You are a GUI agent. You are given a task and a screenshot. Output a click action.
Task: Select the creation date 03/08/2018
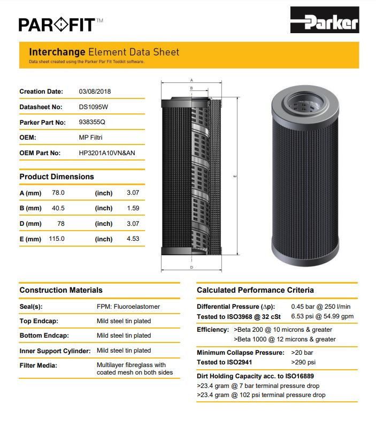click(x=95, y=91)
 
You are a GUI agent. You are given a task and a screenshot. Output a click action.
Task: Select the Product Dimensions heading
click(x=57, y=177)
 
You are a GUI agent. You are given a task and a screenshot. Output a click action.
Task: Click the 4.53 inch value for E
click(x=133, y=239)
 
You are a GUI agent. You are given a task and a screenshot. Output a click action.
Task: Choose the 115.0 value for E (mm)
click(x=58, y=239)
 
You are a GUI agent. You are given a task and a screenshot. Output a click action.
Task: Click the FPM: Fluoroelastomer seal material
click(x=128, y=307)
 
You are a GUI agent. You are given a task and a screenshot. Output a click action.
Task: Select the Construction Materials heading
click(x=61, y=290)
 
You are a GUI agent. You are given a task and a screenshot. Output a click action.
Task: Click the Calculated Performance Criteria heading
click(x=255, y=290)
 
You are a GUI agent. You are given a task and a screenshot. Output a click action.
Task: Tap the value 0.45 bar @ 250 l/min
click(x=321, y=307)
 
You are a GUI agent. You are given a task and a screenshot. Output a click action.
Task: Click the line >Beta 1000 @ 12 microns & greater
click(x=285, y=339)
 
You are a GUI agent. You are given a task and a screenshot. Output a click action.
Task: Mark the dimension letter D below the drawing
click(x=191, y=266)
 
